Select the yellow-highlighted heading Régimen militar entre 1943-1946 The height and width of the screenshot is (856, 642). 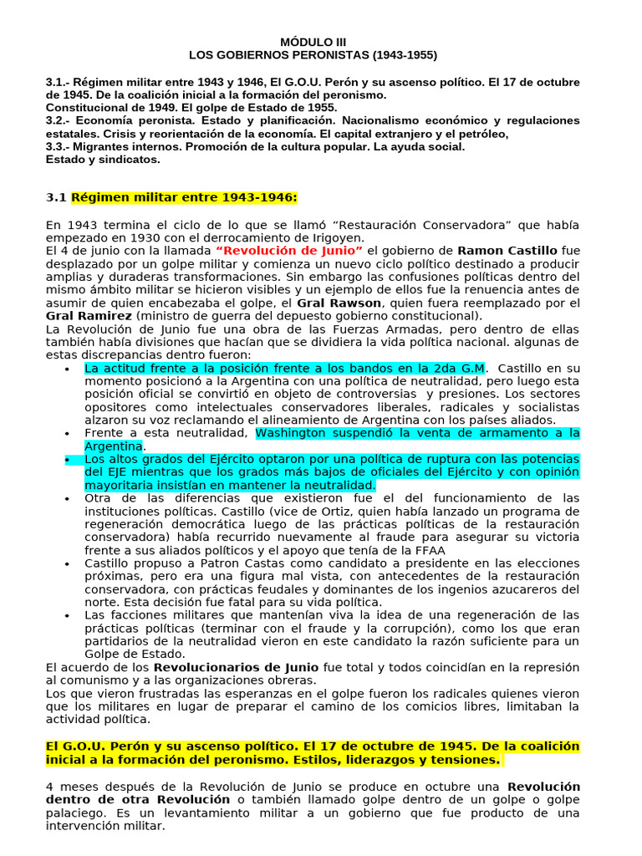184,197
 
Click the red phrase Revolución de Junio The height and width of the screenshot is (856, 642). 289,250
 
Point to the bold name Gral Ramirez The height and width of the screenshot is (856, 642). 89,316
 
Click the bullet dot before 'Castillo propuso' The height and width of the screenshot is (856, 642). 66,563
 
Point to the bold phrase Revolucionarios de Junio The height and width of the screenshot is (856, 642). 237,667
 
